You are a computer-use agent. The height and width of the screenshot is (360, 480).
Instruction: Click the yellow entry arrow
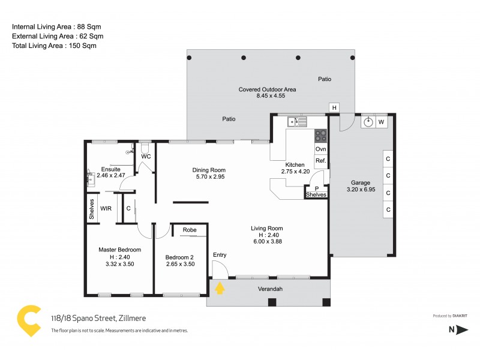220,288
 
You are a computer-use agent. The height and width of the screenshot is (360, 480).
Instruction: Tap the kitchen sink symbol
298,122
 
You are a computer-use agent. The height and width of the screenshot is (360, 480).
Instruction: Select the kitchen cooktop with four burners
321,136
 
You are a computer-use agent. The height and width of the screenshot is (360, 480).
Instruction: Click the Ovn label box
321,148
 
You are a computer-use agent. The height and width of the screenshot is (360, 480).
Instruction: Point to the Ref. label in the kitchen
321,161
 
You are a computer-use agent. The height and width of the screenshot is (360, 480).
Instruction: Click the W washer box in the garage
381,122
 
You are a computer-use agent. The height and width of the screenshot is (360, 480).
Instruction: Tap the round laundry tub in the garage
368,122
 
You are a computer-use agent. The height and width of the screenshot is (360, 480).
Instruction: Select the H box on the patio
334,107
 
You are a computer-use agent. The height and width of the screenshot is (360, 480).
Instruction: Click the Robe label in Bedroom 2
190,230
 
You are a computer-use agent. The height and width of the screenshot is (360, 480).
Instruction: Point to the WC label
146,157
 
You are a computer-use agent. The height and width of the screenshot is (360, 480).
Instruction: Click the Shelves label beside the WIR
92,209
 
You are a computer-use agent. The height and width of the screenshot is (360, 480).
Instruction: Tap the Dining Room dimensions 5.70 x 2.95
209,177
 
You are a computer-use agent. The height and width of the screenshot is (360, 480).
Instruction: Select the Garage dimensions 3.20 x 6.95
361,190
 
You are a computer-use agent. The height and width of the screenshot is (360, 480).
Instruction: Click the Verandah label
270,289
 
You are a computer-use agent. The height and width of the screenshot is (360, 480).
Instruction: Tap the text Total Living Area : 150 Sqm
54,46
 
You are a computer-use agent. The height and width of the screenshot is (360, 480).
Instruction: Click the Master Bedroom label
119,250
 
